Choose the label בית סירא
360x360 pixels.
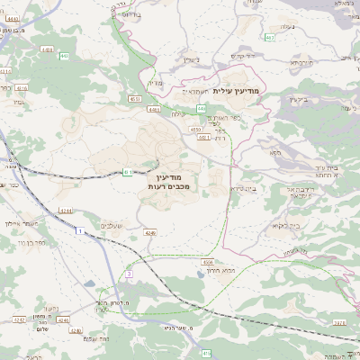244,188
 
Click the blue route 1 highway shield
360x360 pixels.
79,232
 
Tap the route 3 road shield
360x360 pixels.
129,273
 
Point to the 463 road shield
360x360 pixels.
270,37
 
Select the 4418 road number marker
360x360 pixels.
21,88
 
